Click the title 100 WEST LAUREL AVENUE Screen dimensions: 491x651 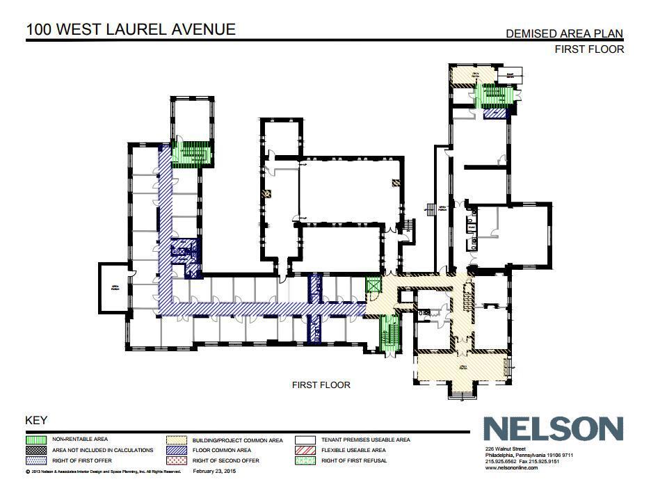(131, 29)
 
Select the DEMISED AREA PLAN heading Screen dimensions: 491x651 (564, 33)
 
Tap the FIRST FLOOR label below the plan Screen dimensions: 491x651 (321, 385)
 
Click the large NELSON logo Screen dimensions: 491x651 (554, 429)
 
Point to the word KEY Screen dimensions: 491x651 (36, 420)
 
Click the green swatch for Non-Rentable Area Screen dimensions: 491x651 (36, 440)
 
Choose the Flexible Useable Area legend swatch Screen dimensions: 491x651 (305, 450)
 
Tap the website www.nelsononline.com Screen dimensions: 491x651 (511, 468)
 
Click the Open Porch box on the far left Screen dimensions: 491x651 (113, 286)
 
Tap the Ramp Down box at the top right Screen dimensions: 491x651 (509, 75)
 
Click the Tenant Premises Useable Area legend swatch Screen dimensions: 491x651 (305, 440)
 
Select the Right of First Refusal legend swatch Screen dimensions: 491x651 (305, 460)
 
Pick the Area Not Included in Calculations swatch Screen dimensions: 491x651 (36, 450)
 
